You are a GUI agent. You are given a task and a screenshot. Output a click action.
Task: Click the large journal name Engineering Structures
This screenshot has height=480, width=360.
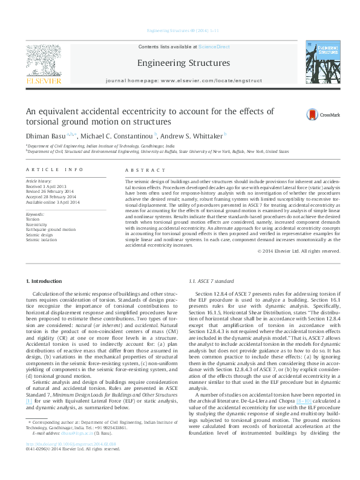(x=183, y=63)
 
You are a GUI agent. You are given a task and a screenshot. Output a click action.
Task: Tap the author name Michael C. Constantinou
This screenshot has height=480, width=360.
(x=117, y=135)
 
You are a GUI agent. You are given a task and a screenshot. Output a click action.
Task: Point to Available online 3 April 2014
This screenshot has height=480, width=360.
(x=53, y=201)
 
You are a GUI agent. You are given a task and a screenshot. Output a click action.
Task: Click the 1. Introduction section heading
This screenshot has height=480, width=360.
(x=46, y=282)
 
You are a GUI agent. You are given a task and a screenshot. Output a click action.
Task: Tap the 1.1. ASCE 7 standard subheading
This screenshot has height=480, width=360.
(x=211, y=282)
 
